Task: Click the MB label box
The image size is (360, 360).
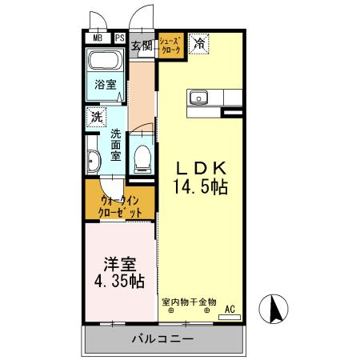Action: [97, 38]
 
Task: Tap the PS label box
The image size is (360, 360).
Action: [119, 38]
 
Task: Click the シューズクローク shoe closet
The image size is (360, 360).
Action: [170, 45]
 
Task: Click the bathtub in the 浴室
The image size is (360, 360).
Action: [103, 62]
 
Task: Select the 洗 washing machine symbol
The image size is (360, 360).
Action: [94, 116]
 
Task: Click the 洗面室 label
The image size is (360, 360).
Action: [116, 144]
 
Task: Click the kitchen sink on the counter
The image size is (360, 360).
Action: [198, 98]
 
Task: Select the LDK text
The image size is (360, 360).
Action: [202, 169]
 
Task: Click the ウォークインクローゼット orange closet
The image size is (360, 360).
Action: [120, 206]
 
